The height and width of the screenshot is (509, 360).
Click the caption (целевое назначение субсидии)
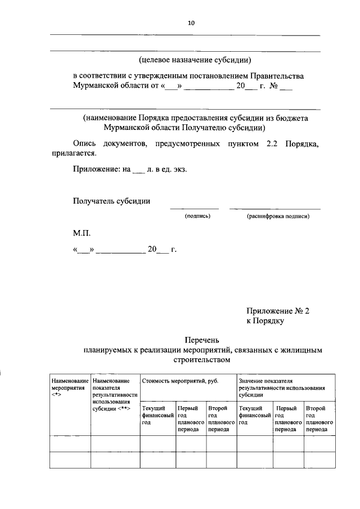pyautogui.click(x=195, y=60)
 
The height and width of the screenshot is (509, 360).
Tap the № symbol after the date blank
pyautogui.click(x=272, y=87)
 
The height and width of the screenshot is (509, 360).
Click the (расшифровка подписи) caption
pyautogui.click(x=277, y=215)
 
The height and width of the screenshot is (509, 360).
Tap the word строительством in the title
pyautogui.click(x=202, y=359)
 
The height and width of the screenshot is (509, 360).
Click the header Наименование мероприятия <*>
pyautogui.click(x=70, y=388)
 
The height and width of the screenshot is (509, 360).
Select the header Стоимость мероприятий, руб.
pyautogui.click(x=180, y=381)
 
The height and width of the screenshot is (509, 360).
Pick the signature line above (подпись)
pyautogui.click(x=194, y=209)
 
